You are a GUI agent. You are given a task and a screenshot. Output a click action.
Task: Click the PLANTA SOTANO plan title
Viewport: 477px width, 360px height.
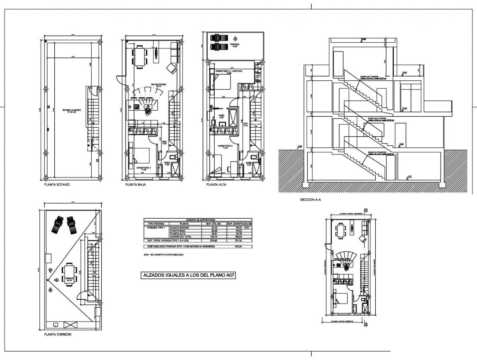tap(57, 184)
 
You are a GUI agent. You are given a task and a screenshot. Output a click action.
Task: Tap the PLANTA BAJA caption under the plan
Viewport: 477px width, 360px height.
tap(135, 184)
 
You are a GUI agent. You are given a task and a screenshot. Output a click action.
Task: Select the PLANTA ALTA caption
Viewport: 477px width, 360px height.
tap(216, 184)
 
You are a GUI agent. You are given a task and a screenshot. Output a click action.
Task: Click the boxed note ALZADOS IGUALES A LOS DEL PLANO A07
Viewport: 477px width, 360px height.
tap(185, 275)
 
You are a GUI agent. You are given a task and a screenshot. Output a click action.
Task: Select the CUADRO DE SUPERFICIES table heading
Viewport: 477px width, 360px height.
tap(198, 219)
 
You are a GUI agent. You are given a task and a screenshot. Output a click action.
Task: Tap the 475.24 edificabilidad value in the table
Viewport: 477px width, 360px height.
tap(239, 247)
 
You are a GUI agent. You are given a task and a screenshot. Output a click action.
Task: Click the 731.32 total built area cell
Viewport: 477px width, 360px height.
tap(239, 241)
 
